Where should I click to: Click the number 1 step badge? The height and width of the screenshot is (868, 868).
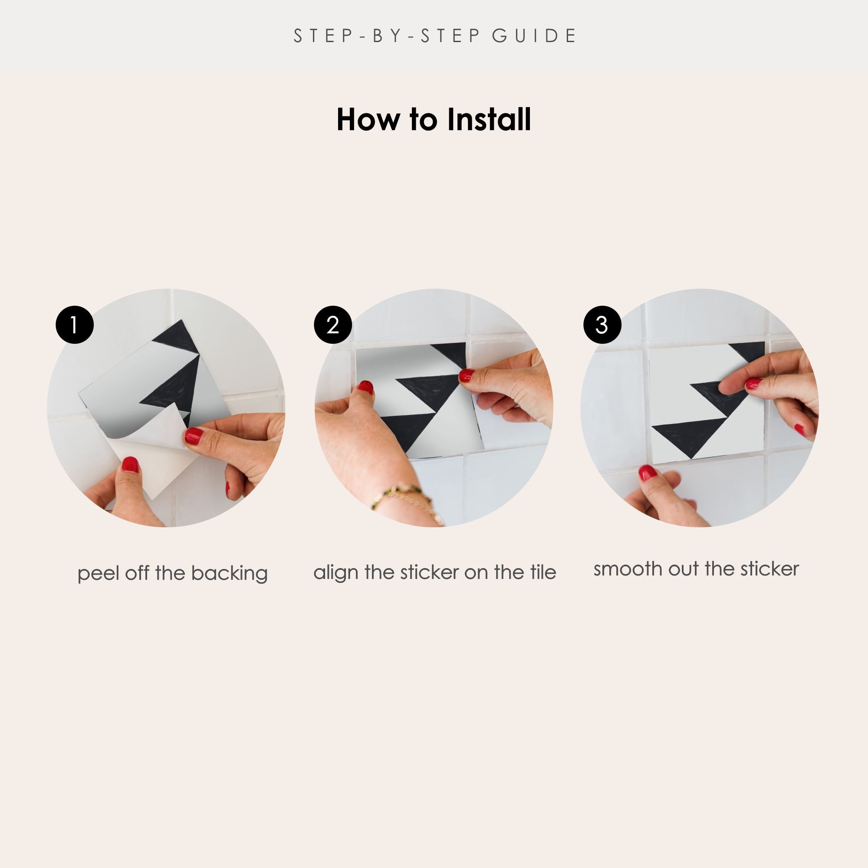[75, 325]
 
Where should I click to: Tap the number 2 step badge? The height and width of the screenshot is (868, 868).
[332, 325]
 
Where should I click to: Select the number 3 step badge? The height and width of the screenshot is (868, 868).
[602, 325]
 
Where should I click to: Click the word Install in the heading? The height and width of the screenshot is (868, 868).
[489, 119]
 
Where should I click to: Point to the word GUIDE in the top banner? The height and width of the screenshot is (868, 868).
[534, 36]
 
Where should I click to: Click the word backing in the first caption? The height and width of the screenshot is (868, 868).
[229, 574]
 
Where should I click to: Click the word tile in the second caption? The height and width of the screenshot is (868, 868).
[543, 572]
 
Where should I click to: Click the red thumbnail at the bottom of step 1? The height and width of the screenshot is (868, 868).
[130, 464]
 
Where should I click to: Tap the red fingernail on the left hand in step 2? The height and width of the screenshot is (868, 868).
[366, 387]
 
